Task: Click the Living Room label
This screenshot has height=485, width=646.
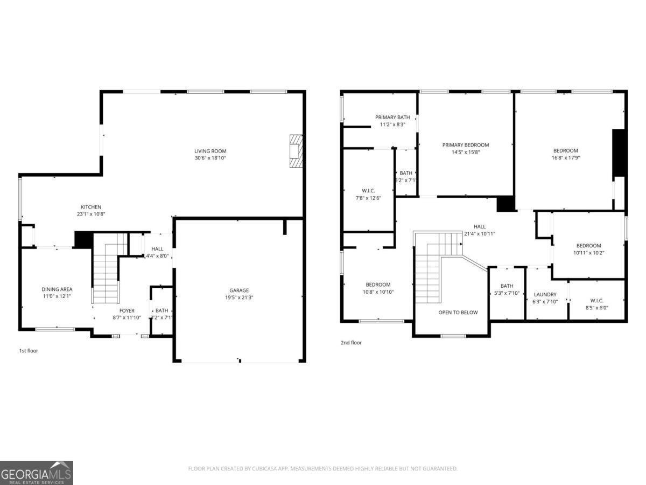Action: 210,151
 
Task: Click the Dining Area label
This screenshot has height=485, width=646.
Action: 57,289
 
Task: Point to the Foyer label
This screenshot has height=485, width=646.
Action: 127,310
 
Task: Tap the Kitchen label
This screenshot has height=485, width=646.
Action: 91,207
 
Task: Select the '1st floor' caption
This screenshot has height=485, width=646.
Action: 29,351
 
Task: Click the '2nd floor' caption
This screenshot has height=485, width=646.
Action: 351,343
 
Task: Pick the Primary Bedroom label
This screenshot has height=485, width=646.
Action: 466,145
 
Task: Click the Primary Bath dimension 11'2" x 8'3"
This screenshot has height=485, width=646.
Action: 392,124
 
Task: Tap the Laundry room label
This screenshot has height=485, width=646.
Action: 545,294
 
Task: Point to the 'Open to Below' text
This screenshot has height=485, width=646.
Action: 458,313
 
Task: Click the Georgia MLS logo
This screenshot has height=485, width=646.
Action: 37,473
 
